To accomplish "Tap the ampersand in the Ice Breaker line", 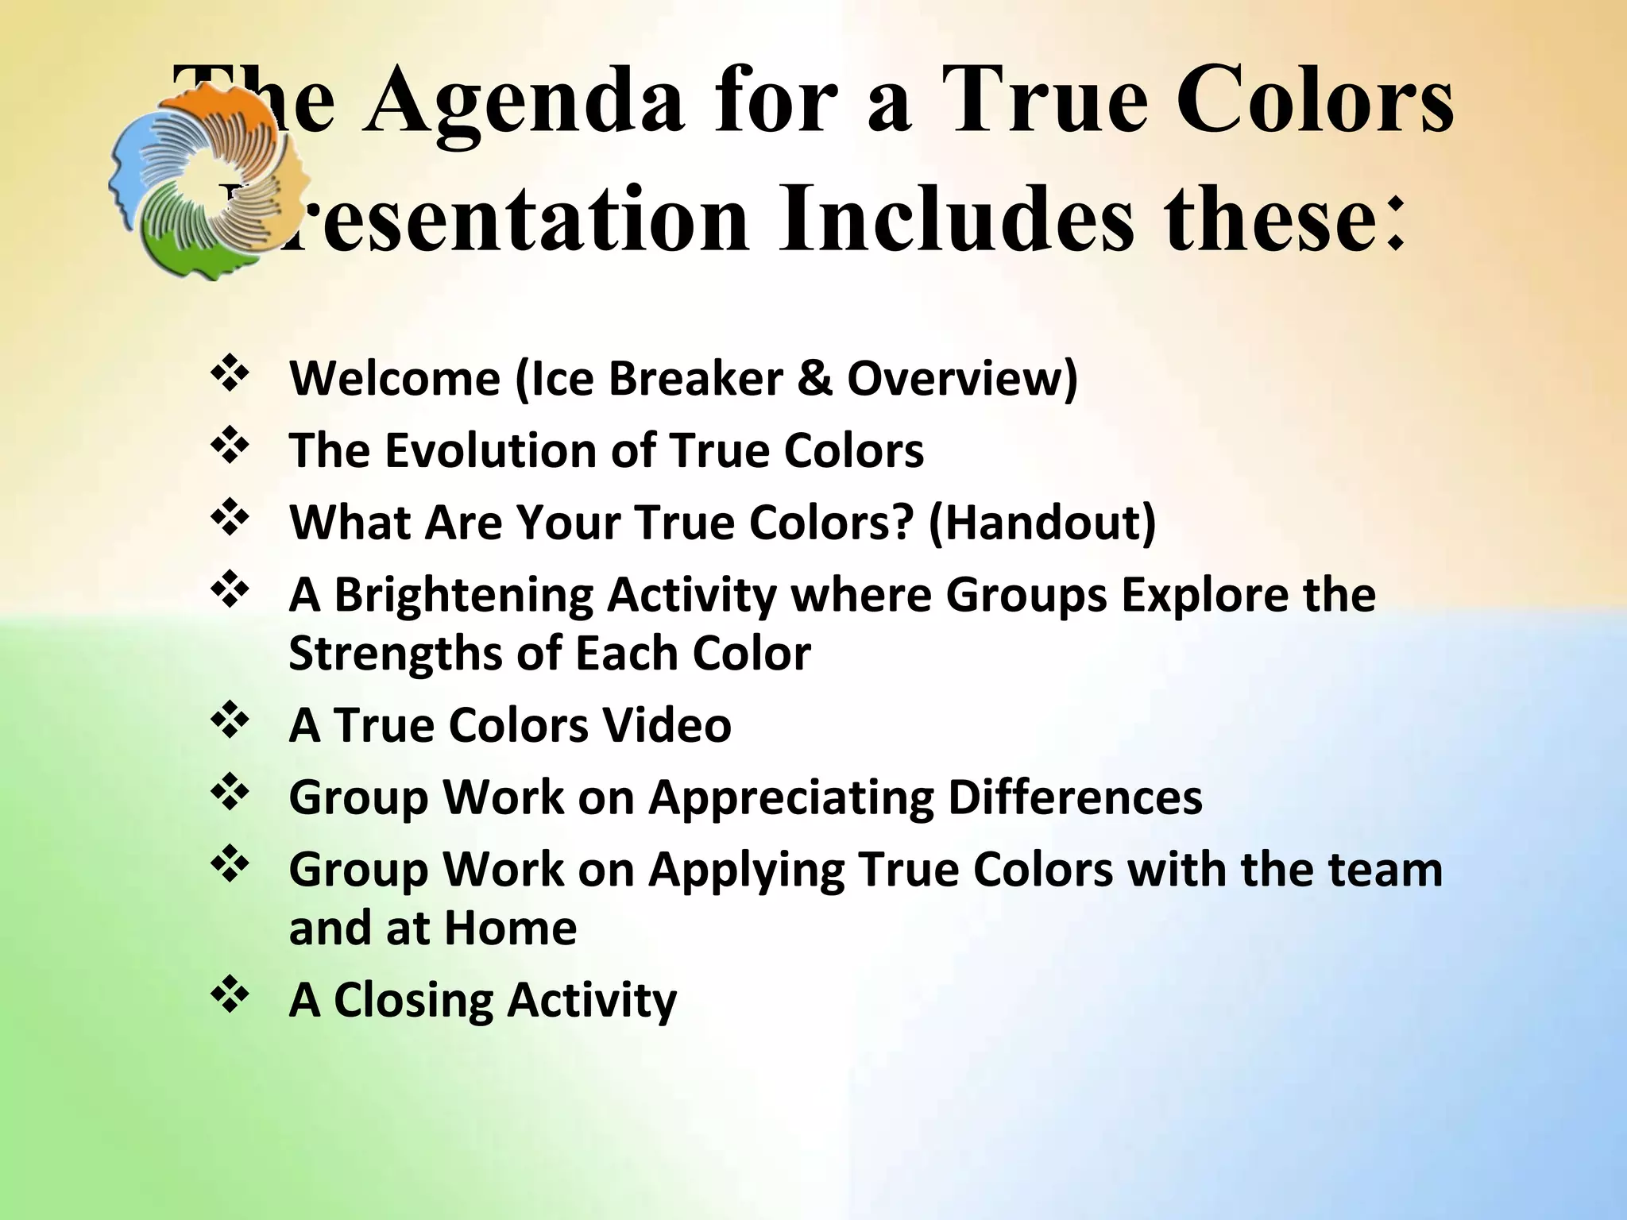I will (x=814, y=378).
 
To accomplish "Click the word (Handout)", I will (x=1042, y=523).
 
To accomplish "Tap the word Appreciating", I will (x=791, y=797).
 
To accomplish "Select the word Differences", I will (x=1075, y=797).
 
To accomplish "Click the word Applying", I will (x=746, y=870).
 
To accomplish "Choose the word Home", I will (x=509, y=928).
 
